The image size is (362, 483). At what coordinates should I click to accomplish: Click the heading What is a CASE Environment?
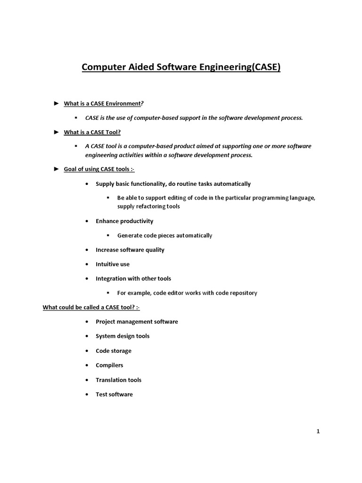pos(103,103)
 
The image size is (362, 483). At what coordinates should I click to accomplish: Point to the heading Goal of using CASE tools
pos(99,169)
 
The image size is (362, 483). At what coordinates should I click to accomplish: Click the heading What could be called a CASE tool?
pos(91,308)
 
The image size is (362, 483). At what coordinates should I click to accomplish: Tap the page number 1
pos(318,431)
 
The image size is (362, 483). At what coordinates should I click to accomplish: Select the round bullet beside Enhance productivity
pos(88,221)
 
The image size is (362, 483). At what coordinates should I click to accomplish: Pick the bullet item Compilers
pos(109,366)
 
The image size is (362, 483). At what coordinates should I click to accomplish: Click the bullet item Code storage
pos(114,351)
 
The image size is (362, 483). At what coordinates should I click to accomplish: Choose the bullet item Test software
pos(114,394)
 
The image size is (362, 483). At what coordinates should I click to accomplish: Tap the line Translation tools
pos(118,380)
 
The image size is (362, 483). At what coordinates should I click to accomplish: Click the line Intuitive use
pos(113,265)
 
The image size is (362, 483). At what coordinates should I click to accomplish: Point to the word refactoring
pos(150,207)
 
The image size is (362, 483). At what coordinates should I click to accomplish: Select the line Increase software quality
pos(130,250)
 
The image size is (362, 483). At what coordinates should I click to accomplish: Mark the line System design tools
pos(123,336)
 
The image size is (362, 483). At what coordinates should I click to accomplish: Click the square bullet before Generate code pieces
pos(108,235)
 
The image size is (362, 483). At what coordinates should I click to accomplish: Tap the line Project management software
pos(137,322)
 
